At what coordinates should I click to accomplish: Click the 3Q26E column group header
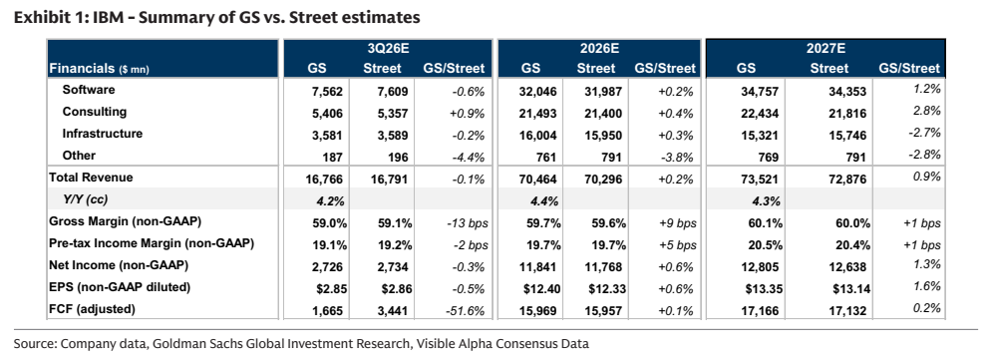tap(387, 49)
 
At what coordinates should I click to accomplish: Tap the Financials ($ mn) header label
tap(100, 69)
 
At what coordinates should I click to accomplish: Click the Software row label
tap(89, 90)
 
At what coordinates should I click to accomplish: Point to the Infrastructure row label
tap(102, 134)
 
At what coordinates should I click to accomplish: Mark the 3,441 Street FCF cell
tap(395, 311)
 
